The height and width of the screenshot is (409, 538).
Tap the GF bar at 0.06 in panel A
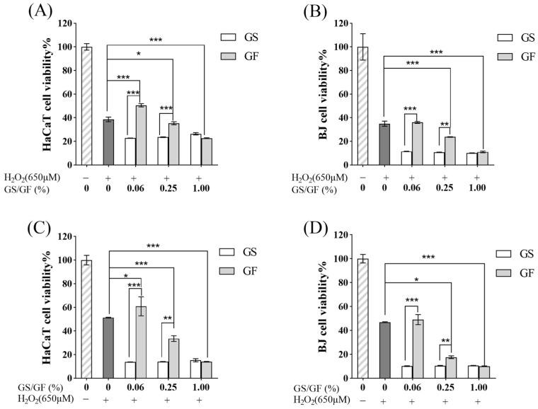click(x=141, y=134)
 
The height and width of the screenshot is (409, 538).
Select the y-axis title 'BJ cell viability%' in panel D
click(x=307, y=311)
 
